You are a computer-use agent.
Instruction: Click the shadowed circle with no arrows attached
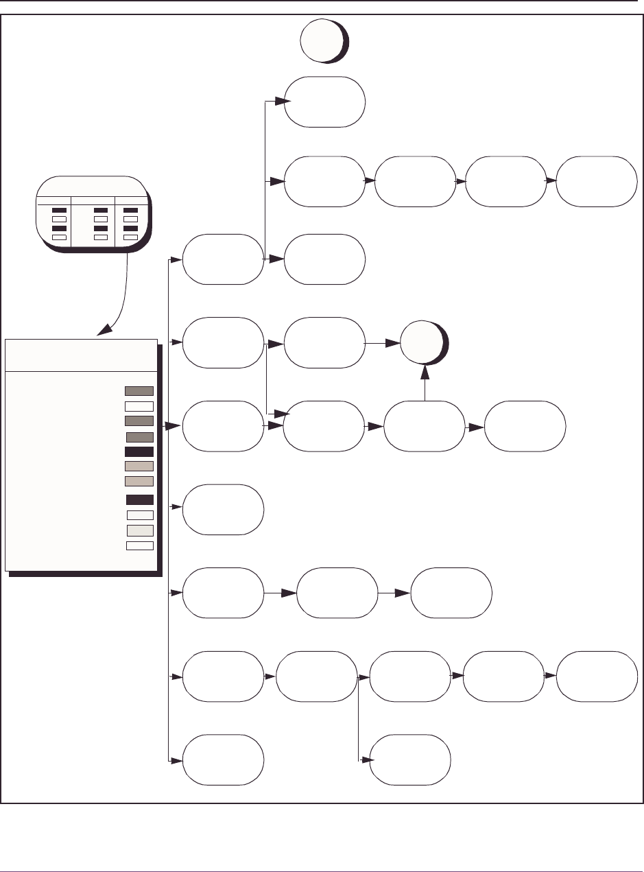pos(324,42)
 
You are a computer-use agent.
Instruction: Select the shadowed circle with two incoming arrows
pos(423,343)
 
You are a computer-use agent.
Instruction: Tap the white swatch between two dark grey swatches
pos(139,405)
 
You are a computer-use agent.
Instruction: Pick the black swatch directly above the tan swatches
pos(139,451)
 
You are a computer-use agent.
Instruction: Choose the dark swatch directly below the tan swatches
pos(139,499)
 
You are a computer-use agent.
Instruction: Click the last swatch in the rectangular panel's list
pos(139,545)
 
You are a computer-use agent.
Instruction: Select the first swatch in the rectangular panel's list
pos(139,390)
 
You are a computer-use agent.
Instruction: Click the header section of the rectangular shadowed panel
pos(81,355)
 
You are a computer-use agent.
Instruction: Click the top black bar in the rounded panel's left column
pos(60,209)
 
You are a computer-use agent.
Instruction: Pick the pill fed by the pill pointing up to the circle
pos(525,426)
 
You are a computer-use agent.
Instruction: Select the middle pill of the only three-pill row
pos(337,593)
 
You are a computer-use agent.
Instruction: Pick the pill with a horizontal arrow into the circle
pos(324,342)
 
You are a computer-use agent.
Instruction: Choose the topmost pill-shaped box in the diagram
pos(324,102)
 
